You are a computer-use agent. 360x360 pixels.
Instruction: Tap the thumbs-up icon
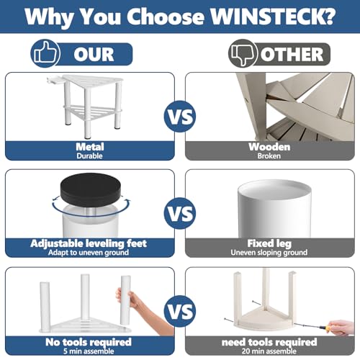click(45, 53)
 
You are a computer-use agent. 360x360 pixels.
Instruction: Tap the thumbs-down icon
click(243, 53)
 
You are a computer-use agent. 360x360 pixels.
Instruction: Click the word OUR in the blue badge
click(94, 54)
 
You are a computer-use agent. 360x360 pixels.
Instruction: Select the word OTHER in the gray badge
click(292, 54)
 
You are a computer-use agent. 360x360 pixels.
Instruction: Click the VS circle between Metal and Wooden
click(180, 117)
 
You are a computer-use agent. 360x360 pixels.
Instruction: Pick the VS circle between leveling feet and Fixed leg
click(180, 213)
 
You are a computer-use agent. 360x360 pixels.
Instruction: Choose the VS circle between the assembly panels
click(180, 311)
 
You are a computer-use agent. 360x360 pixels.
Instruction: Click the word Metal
click(90, 147)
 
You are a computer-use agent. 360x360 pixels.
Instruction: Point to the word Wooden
click(269, 147)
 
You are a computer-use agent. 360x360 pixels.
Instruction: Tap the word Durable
click(89, 156)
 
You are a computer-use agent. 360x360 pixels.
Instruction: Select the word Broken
click(269, 156)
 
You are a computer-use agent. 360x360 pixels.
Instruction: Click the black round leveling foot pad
click(91, 190)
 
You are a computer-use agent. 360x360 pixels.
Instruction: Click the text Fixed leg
click(269, 243)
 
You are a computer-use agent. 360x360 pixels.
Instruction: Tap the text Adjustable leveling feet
click(89, 243)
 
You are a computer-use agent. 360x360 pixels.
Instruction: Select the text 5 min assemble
click(89, 351)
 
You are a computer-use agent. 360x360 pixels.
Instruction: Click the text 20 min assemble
click(269, 351)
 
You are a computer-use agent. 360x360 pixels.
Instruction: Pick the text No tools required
click(89, 342)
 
